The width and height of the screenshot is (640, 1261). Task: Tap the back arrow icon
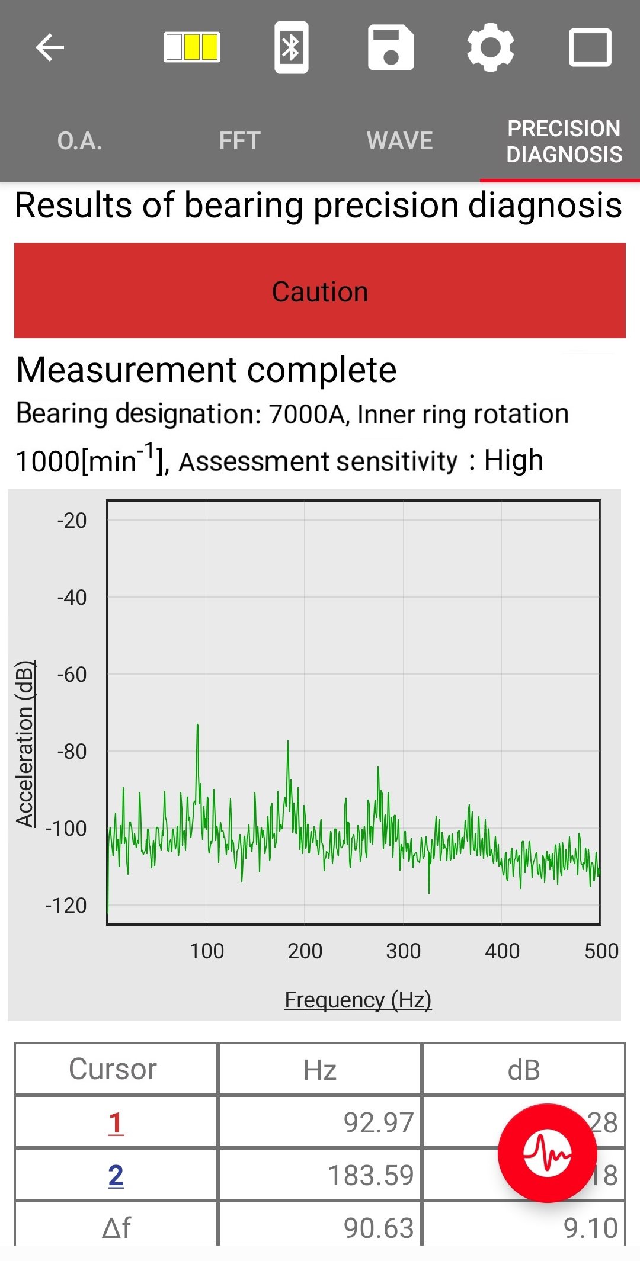click(x=50, y=47)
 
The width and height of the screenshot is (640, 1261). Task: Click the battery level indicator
click(x=191, y=47)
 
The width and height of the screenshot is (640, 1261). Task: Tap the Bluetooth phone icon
click(x=291, y=47)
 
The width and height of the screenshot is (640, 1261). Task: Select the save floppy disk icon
click(x=391, y=47)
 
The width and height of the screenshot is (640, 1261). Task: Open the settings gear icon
click(x=490, y=47)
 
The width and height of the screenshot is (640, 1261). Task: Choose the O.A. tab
click(x=80, y=141)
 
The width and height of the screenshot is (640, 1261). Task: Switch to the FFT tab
click(x=239, y=141)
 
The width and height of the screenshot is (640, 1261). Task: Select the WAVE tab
click(x=399, y=141)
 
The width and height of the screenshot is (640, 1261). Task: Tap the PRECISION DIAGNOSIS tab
click(x=564, y=142)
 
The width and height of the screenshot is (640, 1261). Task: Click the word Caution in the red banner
click(x=320, y=292)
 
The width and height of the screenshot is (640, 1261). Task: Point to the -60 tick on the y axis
click(x=72, y=675)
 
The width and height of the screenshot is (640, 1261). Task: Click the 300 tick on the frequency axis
click(x=403, y=951)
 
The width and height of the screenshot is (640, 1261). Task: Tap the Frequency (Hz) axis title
click(x=358, y=1000)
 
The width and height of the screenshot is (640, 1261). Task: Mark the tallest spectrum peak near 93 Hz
click(x=197, y=726)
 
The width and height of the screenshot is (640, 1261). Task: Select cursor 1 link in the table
click(x=116, y=1123)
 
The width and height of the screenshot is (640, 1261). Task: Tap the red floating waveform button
click(x=547, y=1153)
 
